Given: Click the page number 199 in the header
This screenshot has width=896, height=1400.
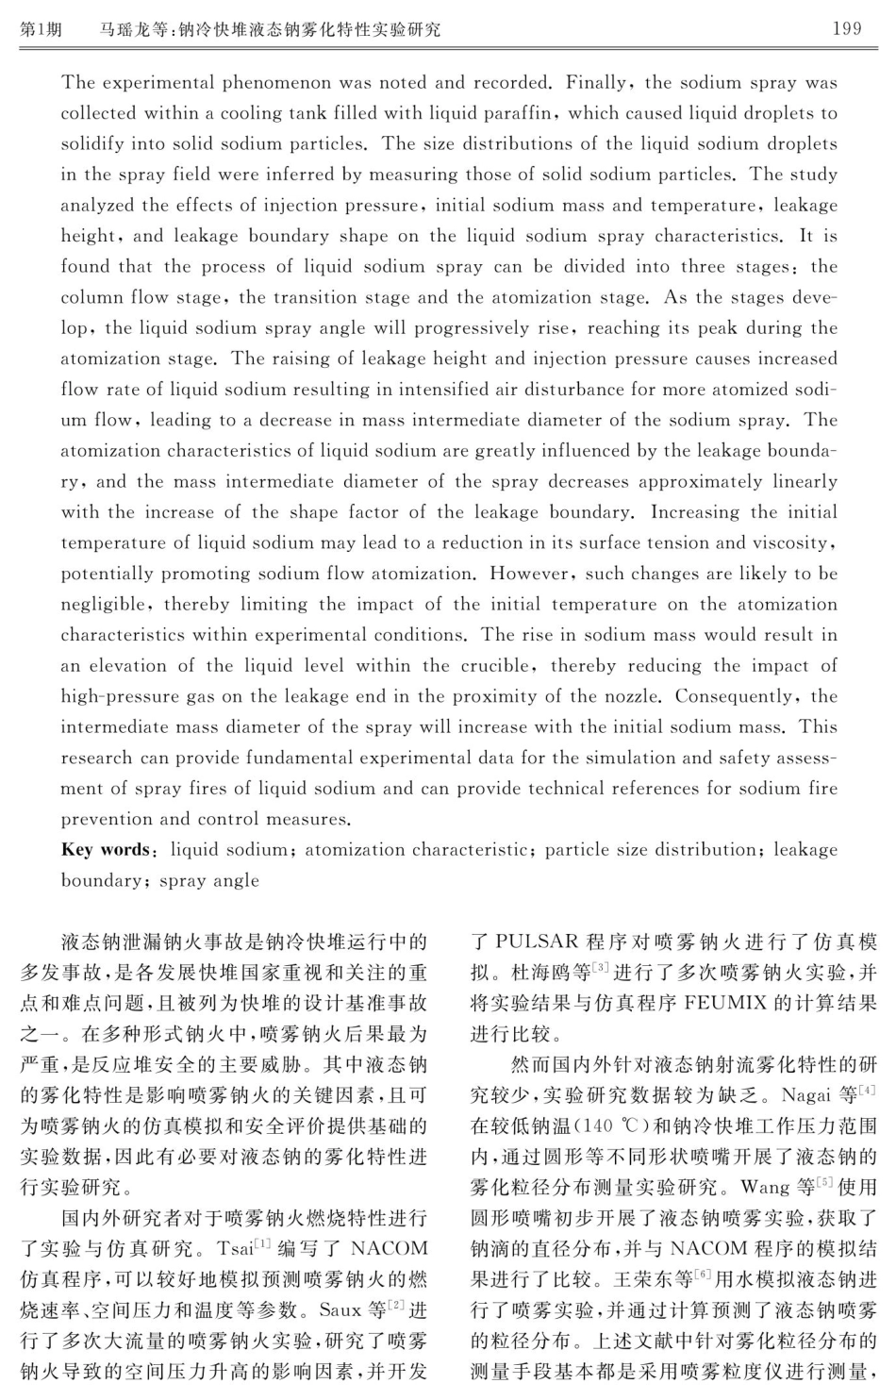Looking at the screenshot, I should click(846, 28).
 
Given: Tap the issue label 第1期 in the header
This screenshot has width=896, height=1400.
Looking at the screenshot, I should click(41, 29).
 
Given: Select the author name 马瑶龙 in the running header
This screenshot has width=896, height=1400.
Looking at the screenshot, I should click(123, 29).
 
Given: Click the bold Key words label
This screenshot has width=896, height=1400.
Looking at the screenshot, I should click(105, 850).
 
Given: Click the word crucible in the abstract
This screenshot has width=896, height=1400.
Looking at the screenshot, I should click(498, 666).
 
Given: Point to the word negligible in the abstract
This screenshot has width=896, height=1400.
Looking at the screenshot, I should click(103, 605).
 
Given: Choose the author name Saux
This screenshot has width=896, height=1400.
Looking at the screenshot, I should click(340, 1310).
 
